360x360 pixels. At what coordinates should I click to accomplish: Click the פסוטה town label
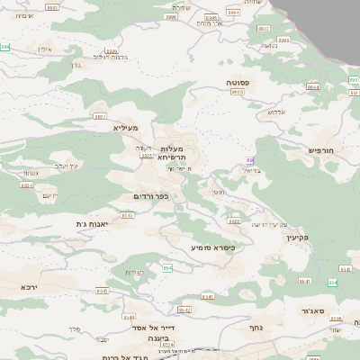[x=238, y=82]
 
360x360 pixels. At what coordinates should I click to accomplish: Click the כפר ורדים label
[x=150, y=195]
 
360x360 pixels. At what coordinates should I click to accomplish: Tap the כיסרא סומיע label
[x=211, y=246]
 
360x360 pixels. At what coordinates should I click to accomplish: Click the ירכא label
[x=30, y=285]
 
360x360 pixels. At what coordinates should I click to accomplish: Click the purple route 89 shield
[x=250, y=160]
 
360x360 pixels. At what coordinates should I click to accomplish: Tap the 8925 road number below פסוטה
[x=238, y=92]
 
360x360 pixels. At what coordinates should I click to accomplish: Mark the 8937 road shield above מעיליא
[x=100, y=116]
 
